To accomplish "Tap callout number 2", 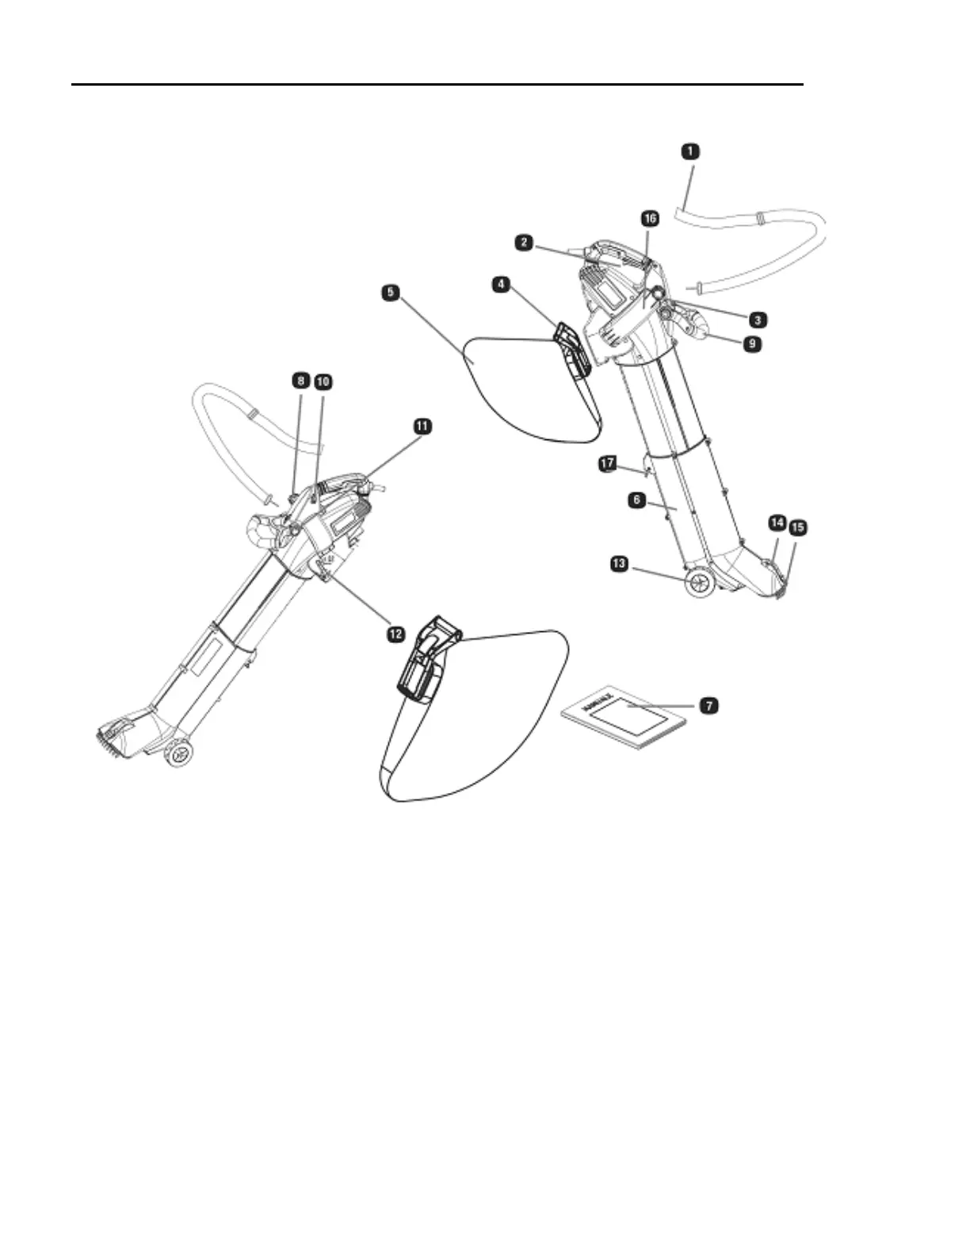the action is click(x=523, y=243).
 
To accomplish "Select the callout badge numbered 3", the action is click(x=758, y=320).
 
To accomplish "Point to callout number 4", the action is click(x=500, y=282).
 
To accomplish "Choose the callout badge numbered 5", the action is click(x=389, y=293).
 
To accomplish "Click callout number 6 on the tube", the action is click(x=635, y=500).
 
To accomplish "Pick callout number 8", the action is click(x=300, y=381).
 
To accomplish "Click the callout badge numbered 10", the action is click(x=323, y=381).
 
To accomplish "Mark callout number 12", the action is click(x=395, y=633).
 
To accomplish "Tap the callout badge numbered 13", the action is click(x=619, y=564).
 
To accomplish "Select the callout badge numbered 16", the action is click(x=649, y=218).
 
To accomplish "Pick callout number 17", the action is click(x=607, y=462).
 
